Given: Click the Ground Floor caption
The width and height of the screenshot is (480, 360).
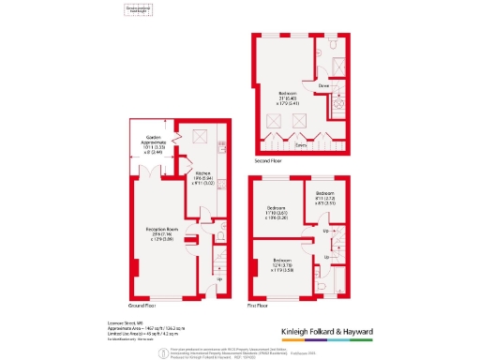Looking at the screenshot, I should click(141, 306).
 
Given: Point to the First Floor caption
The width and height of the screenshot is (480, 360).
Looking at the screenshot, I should click(257, 306).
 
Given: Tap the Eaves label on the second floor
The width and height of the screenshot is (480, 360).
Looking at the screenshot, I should click(301, 145).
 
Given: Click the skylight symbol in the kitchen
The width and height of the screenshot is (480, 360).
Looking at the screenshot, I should click(199, 136).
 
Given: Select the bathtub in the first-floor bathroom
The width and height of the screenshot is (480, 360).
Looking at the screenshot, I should click(338, 281).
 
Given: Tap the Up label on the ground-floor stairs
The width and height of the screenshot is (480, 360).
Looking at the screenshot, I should click(218, 278).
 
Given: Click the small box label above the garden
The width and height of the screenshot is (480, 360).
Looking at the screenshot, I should click(139, 10).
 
